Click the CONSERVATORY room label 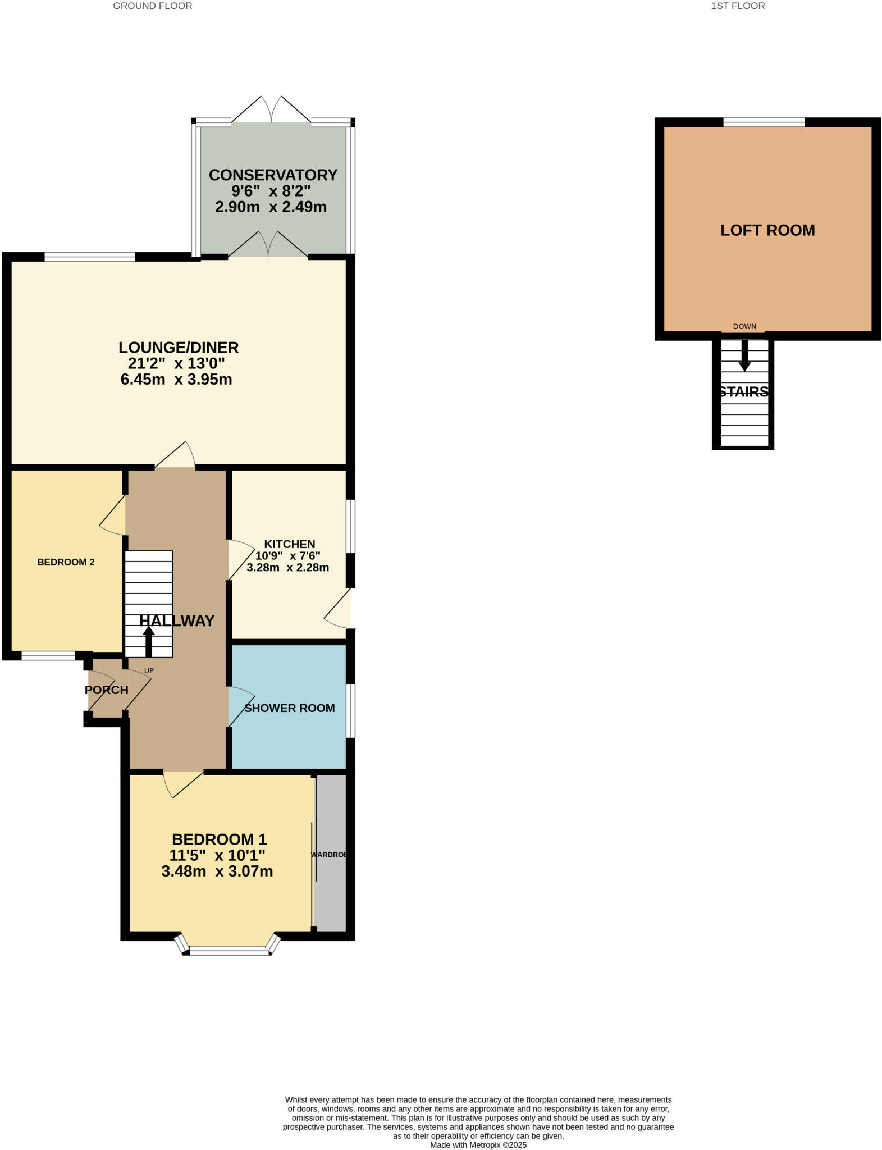click(x=273, y=175)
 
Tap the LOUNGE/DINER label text click(x=179, y=348)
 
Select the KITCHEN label click(x=290, y=544)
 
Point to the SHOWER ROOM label click(x=290, y=708)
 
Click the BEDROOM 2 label click(x=66, y=562)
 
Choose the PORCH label click(x=107, y=690)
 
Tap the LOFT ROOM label click(x=767, y=230)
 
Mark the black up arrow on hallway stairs click(x=149, y=641)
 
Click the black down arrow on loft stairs click(x=744, y=355)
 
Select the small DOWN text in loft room click(x=744, y=327)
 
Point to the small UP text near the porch click(x=149, y=670)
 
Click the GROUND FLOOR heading click(x=153, y=6)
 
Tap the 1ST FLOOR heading click(x=738, y=6)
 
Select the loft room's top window click(x=764, y=122)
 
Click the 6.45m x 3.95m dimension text click(x=176, y=380)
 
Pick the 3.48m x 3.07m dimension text click(x=217, y=871)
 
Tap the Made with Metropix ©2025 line click(x=478, y=1144)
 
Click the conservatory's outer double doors click(x=271, y=110)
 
